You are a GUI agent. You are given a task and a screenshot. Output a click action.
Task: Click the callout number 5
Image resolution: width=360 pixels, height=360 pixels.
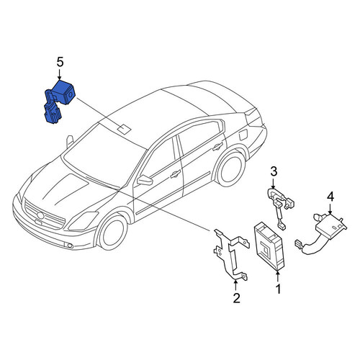pos(60,63)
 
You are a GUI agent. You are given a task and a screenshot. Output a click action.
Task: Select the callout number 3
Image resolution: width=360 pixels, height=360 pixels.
pos(274,171)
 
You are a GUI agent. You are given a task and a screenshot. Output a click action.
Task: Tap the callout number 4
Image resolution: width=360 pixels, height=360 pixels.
pos(330,197)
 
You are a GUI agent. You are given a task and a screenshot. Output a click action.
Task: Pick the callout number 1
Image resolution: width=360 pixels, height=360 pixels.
pos(278,289)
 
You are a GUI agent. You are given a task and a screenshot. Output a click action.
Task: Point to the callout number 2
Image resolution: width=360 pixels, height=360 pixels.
pos(236,298)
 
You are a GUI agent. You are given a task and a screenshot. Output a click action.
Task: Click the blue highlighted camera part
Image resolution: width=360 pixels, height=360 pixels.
pos(60,101)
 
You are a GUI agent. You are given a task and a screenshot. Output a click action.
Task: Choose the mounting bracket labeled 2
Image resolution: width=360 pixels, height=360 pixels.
pos(230,254)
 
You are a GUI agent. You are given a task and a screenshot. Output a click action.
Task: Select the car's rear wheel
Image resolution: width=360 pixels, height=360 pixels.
pos(230,170)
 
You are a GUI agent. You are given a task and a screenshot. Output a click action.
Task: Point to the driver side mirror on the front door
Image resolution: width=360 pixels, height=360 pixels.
pos(145,180)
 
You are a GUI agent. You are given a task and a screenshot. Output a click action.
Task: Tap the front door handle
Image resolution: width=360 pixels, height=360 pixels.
pos(176,174)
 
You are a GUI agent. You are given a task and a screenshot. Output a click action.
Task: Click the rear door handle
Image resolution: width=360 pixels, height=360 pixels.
pos(217,146)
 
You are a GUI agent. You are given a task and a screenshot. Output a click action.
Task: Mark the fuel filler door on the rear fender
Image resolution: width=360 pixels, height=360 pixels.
pos(243,135)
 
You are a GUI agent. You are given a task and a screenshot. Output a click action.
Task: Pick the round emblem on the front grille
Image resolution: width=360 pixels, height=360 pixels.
pos(40,215)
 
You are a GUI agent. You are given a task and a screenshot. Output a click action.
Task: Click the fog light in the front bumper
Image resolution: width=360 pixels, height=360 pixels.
pos(70,246)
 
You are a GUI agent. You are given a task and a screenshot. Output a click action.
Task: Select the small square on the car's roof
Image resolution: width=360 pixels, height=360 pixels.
pos(124,128)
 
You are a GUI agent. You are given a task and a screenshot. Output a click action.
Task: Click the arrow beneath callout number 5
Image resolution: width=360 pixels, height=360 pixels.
pos(60,75)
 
